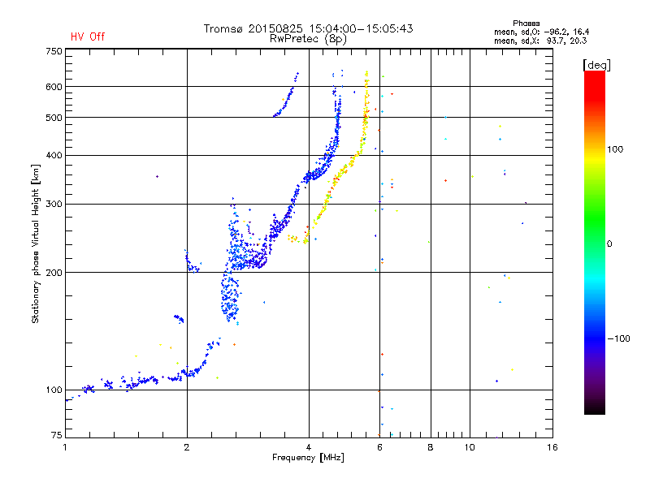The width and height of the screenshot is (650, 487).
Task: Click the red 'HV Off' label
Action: pyautogui.click(x=87, y=37)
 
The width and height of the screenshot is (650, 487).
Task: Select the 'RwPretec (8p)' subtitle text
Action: pyautogui.click(x=309, y=38)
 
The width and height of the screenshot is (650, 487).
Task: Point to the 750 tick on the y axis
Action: pyautogui.click(x=54, y=51)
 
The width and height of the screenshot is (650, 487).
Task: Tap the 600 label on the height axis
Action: pyautogui.click(x=54, y=87)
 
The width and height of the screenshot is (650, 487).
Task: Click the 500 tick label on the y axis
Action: pyautogui.click(x=54, y=118)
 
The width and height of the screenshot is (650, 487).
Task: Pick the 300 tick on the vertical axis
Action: pyautogui.click(x=54, y=205)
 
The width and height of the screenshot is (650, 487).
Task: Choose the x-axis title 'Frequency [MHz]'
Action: pyautogui.click(x=308, y=459)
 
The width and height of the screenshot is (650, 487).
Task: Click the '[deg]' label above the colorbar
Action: pyautogui.click(x=597, y=64)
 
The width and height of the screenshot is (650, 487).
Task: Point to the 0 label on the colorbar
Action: pyautogui.click(x=611, y=243)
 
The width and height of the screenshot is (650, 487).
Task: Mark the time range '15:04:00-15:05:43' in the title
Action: pyautogui.click(x=354, y=28)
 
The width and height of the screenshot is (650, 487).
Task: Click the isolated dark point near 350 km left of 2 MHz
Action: pyautogui.click(x=157, y=176)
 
